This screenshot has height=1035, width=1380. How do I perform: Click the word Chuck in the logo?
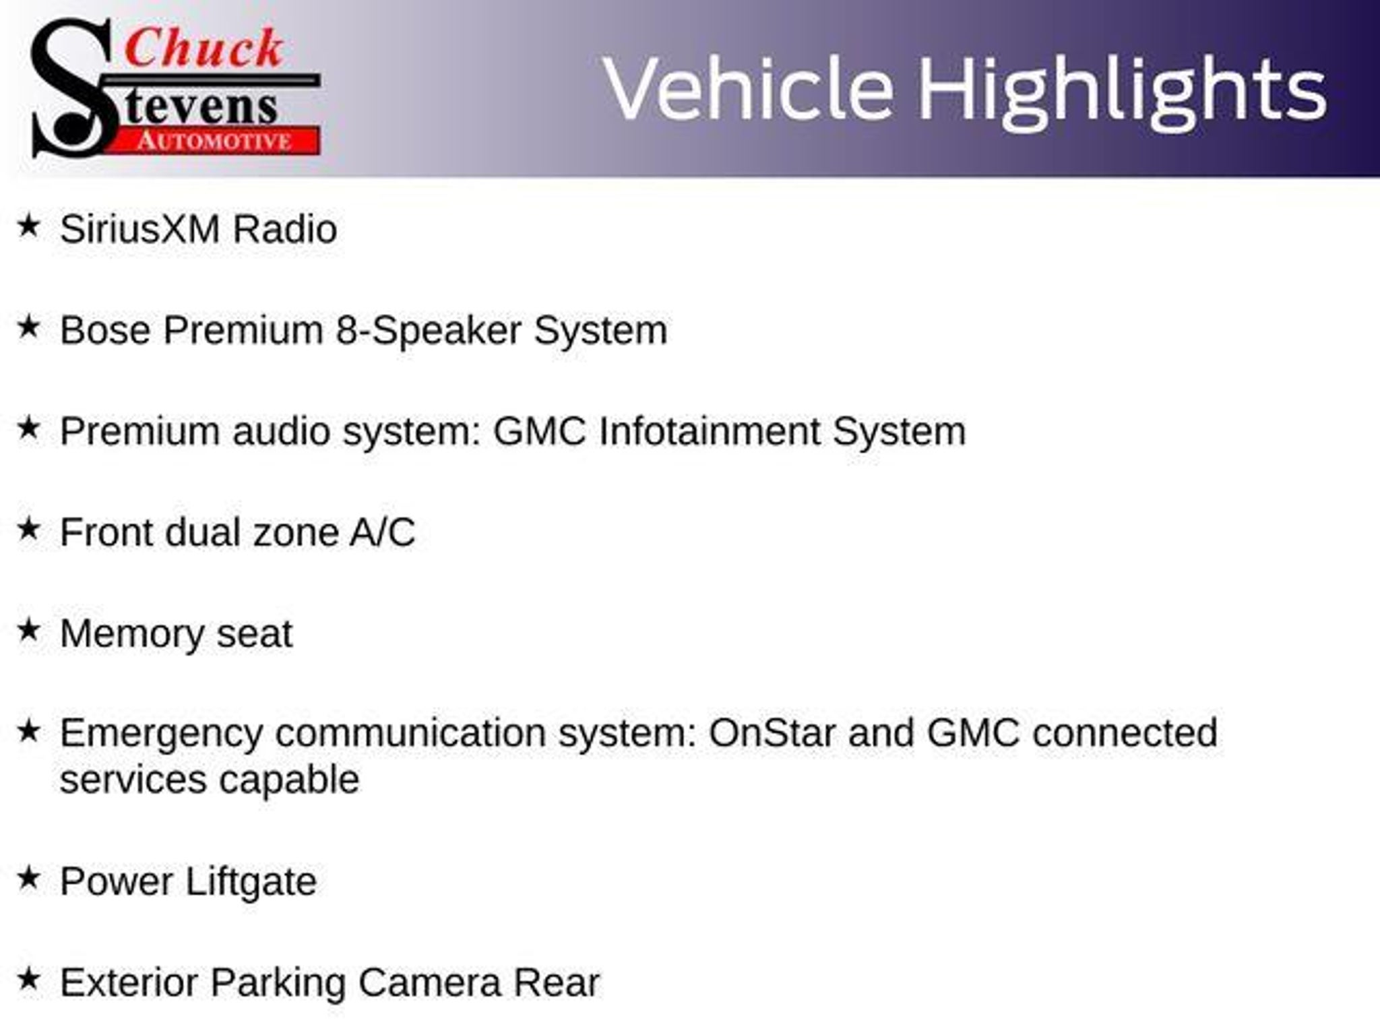[203, 49]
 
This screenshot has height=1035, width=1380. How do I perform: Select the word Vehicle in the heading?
[749, 89]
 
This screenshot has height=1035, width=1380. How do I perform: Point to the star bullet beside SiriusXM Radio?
[28, 226]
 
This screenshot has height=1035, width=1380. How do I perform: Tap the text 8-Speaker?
[429, 332]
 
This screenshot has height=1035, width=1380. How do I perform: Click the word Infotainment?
[710, 431]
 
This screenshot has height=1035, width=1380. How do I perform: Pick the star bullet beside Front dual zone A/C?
[28, 529]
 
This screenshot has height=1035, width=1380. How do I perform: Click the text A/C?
[382, 532]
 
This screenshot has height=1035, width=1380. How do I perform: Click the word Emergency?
[161, 734]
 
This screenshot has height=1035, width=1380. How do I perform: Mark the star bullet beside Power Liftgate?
[28, 878]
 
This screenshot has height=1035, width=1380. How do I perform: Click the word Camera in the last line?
[430, 982]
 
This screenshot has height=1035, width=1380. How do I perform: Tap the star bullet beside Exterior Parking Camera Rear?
[28, 979]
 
